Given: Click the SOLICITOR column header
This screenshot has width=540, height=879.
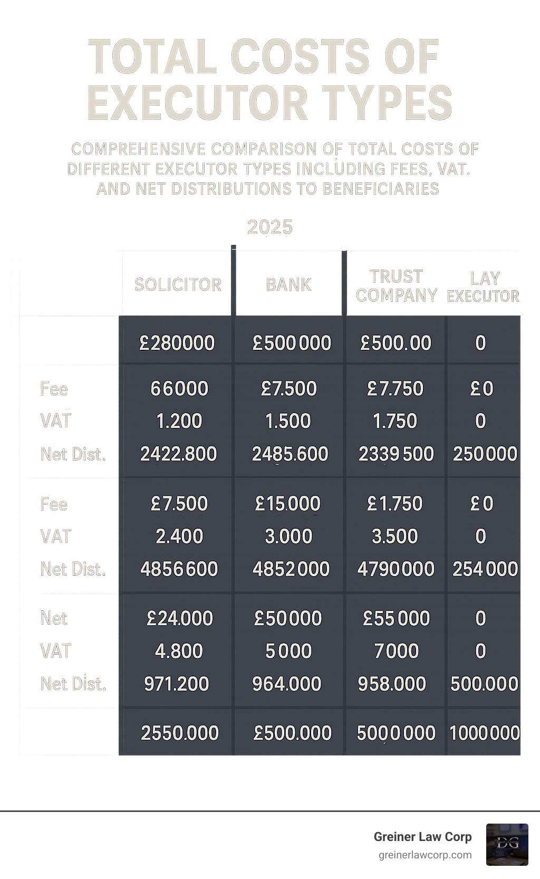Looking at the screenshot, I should [178, 284].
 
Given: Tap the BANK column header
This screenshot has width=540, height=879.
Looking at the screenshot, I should [288, 284].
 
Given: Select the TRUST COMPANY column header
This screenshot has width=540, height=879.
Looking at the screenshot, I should [397, 285].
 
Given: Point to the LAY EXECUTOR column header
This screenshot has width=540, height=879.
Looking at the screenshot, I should [484, 287].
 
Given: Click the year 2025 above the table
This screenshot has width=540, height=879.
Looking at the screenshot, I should [270, 227].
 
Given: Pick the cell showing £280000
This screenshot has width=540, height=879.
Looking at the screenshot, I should [177, 343].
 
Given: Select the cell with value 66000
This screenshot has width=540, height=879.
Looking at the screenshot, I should [179, 388].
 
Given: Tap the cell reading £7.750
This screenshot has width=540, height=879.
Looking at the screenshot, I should [395, 388].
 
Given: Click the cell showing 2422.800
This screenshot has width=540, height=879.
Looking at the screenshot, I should [178, 454].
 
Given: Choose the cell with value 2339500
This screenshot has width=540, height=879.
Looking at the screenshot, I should [396, 454].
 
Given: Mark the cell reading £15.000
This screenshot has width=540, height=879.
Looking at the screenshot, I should [287, 503].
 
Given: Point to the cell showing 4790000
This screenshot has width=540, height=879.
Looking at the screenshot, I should [396, 569].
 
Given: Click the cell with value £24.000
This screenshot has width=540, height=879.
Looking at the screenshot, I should [180, 618].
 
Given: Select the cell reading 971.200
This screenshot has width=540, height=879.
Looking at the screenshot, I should [177, 684].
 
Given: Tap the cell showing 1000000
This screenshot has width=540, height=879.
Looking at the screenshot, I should [485, 733].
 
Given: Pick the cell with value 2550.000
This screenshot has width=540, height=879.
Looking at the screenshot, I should [180, 733].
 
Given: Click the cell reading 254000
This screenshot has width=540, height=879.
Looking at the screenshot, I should [485, 569].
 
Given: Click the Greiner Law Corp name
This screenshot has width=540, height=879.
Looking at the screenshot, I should [422, 837].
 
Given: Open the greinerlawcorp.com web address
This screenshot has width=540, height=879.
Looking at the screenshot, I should [425, 855].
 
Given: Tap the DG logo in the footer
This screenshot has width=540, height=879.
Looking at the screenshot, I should [507, 844].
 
